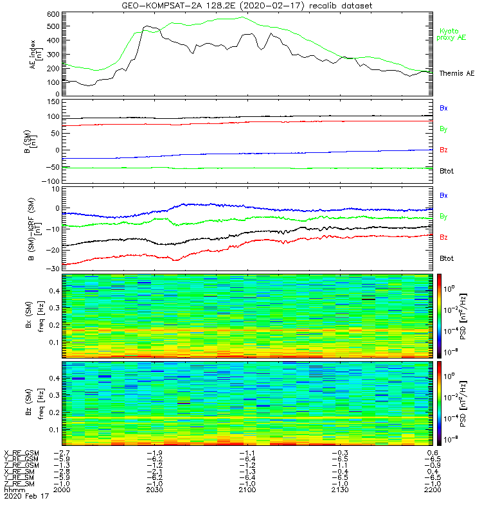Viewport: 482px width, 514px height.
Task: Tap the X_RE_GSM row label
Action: [x=21, y=453]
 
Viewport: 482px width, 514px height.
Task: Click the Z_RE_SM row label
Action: [x=21, y=483]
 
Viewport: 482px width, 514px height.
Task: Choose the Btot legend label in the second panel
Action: [x=448, y=170]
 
